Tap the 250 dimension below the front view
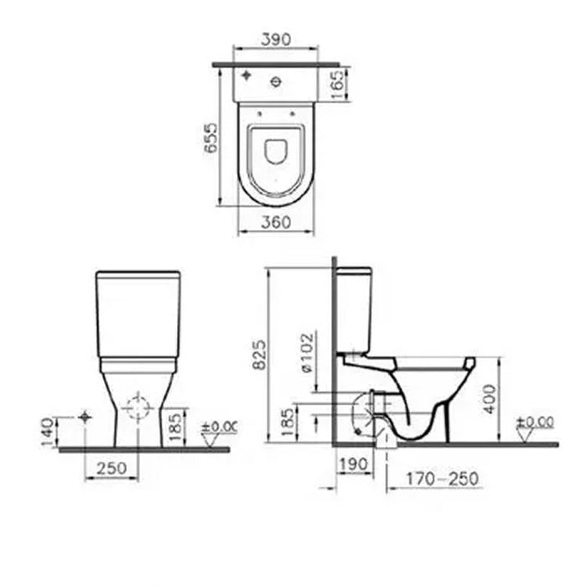(x=112, y=468)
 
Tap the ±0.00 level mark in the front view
(x=219, y=426)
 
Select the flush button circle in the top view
(x=276, y=81)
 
